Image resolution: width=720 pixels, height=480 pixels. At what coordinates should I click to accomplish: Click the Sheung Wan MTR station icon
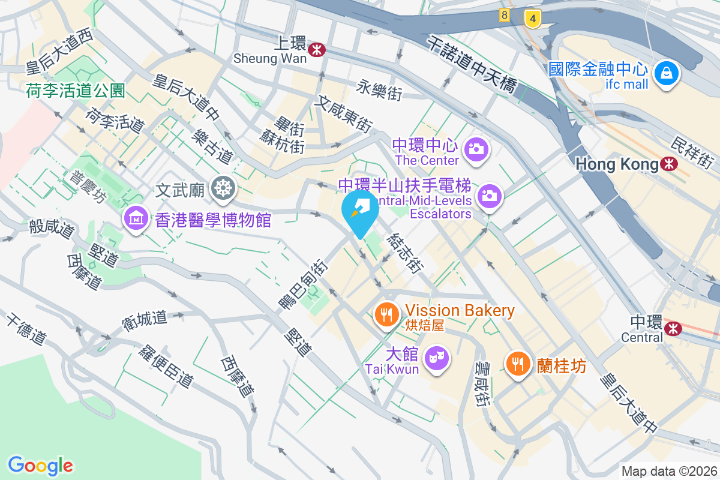317,50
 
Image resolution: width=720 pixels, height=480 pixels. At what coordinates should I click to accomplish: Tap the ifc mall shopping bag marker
667,74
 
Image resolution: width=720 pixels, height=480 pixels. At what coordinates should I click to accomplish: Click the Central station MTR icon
673,328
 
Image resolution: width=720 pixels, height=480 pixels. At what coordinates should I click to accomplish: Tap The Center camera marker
476,148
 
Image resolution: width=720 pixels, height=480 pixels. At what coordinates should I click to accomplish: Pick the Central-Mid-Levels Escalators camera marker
490,196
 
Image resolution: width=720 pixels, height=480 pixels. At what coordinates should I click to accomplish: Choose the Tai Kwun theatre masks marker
436,358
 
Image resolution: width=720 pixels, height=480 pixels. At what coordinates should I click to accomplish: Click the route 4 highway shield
531,18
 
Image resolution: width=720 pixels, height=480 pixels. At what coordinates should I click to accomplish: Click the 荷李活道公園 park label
76,91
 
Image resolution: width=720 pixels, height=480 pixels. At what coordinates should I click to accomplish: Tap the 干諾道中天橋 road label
472,65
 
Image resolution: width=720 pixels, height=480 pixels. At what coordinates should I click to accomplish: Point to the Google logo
40,465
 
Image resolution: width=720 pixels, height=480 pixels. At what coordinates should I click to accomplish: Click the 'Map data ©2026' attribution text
669,471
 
